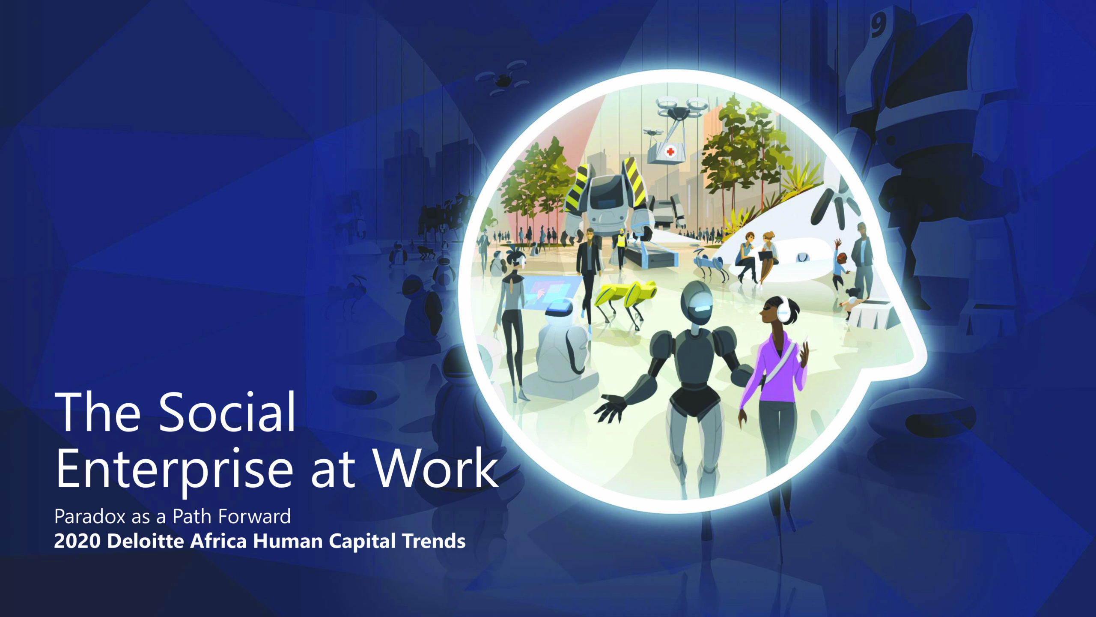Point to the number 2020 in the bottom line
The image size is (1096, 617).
pyautogui.click(x=77, y=542)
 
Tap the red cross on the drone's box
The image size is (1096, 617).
pyautogui.click(x=670, y=152)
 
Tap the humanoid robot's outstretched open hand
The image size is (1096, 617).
pyautogui.click(x=610, y=407)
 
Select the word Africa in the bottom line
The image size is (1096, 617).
pyautogui.click(x=218, y=542)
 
